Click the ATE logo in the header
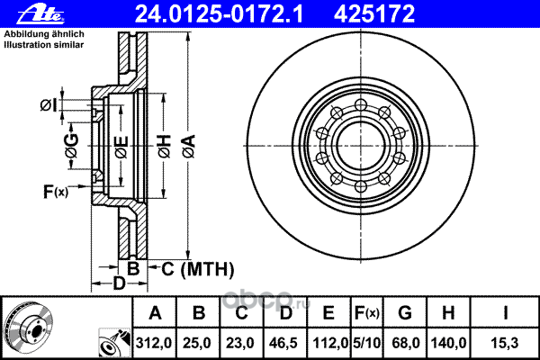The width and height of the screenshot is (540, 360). coord(40,14)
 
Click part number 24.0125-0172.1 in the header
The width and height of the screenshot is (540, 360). coord(219,14)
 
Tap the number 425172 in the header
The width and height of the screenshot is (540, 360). coord(374,14)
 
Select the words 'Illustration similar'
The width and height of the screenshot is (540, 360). coord(44,45)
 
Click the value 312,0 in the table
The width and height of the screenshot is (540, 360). coord(154,343)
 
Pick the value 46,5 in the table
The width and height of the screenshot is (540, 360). coord(283,343)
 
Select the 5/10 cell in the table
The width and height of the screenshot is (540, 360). coord(367,343)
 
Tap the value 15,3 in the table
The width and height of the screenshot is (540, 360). coord(505,343)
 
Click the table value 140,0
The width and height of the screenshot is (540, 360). coord(449,343)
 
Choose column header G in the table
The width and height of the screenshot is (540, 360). coord(405,313)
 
